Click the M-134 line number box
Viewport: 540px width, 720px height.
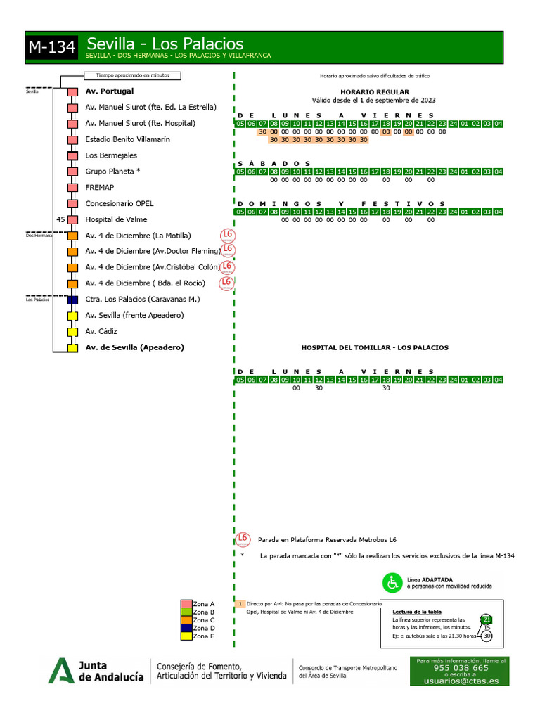pyautogui.click(x=52, y=48)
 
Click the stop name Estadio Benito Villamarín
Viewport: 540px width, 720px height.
pyautogui.click(x=127, y=139)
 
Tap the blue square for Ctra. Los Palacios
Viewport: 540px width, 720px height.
pyautogui.click(x=72, y=300)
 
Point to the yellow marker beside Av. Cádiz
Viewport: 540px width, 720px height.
pyautogui.click(x=72, y=332)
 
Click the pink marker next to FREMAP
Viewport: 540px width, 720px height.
pyautogui.click(x=72, y=188)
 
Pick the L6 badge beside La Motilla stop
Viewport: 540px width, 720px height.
pyautogui.click(x=227, y=235)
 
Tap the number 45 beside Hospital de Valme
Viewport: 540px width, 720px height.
pyautogui.click(x=60, y=219)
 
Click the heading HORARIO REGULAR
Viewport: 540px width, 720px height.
pyautogui.click(x=374, y=92)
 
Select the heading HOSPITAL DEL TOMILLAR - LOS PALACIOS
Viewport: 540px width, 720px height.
pyautogui.click(x=374, y=347)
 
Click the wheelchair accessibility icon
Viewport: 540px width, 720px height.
pyautogui.click(x=391, y=582)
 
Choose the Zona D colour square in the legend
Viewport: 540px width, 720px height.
pyautogui.click(x=186, y=628)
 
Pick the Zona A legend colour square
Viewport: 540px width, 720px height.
pyautogui.click(x=186, y=604)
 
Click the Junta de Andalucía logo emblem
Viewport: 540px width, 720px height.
pyautogui.click(x=60, y=670)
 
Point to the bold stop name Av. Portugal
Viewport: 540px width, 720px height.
pyautogui.click(x=110, y=91)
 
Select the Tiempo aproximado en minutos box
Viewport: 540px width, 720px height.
pyautogui.click(x=132, y=76)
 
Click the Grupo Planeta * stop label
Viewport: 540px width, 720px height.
pyautogui.click(x=112, y=172)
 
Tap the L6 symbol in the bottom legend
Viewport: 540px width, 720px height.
pyautogui.click(x=243, y=539)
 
